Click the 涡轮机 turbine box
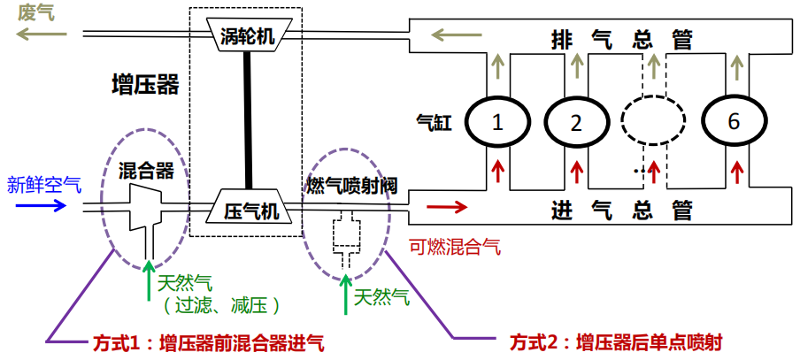pyautogui.click(x=248, y=36)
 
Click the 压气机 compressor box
pyautogui.click(x=249, y=210)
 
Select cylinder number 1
pyautogui.click(x=497, y=123)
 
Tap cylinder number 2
pyautogui.click(x=576, y=123)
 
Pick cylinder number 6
pyautogui.click(x=733, y=123)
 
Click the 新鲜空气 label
pyautogui.click(x=44, y=185)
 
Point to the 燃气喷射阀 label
pyautogui.click(x=351, y=186)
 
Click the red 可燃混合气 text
pyautogui.click(x=454, y=247)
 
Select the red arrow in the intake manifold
pyautogui.click(x=447, y=209)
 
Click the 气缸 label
pyautogui.click(x=437, y=122)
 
